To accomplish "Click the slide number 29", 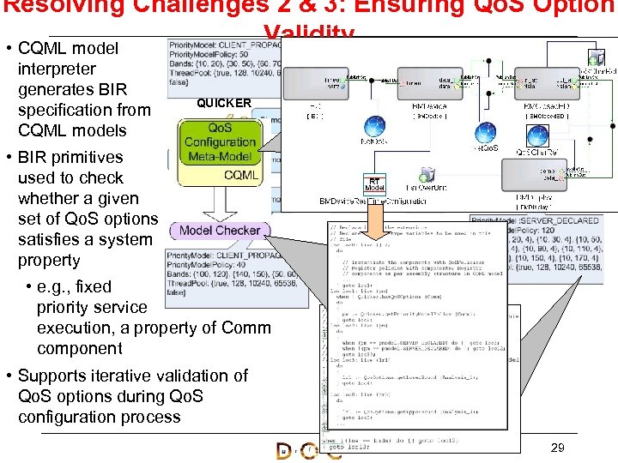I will tap(556, 448).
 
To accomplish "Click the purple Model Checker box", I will tap(220, 230).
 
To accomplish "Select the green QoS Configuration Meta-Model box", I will tap(220, 141).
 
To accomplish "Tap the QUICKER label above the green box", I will tap(224, 103).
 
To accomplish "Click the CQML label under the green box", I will tap(241, 175).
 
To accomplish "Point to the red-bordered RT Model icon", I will tap(374, 184).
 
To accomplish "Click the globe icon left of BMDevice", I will tap(374, 125).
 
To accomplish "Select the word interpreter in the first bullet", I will tap(57, 69).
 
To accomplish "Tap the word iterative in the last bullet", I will tap(122, 376).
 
